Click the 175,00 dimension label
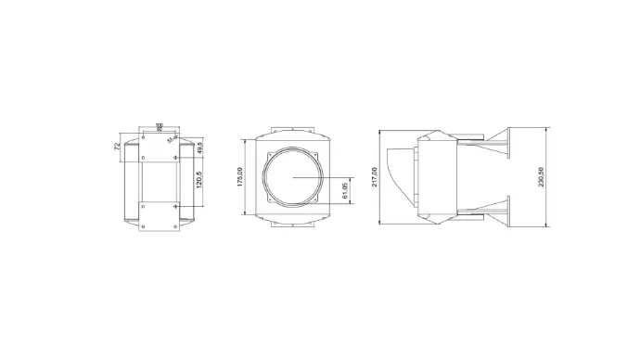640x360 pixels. pyautogui.click(x=239, y=175)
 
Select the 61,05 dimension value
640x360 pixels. pyautogui.click(x=345, y=191)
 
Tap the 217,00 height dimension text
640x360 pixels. pyautogui.click(x=375, y=176)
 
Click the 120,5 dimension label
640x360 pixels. pyautogui.click(x=198, y=179)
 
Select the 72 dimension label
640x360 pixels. pyautogui.click(x=117, y=146)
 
